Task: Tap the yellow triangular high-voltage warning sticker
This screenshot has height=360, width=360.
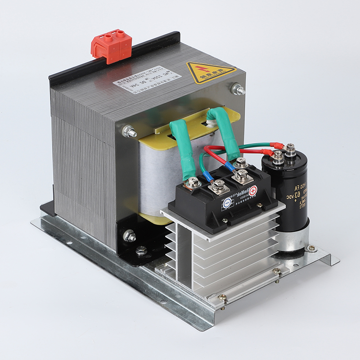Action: click(210, 73)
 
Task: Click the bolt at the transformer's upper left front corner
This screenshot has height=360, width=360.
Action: click(130, 132)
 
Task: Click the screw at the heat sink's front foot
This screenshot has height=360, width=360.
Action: click(222, 297)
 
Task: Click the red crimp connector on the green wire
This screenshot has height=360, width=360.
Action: click(276, 145)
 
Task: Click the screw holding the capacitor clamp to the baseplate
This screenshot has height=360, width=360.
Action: click(310, 248)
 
